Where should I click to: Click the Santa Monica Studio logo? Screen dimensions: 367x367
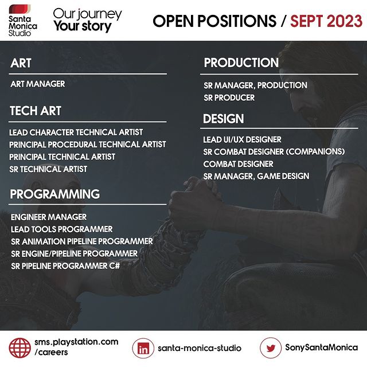click(x=23, y=21)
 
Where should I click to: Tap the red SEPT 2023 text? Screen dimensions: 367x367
click(x=326, y=21)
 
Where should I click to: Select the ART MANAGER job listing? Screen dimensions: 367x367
click(x=38, y=84)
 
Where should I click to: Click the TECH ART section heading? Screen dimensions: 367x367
click(x=36, y=111)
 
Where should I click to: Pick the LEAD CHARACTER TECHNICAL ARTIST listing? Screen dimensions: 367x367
click(x=76, y=132)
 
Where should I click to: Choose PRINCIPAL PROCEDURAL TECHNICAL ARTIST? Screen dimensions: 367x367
click(x=88, y=145)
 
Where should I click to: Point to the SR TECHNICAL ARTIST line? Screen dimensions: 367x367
click(x=48, y=169)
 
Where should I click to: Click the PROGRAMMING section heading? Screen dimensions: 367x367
click(x=55, y=194)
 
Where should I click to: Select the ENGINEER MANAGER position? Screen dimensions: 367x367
click(x=49, y=217)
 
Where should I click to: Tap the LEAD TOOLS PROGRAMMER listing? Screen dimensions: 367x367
click(x=62, y=229)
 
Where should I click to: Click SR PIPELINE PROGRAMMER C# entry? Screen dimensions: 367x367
click(x=65, y=266)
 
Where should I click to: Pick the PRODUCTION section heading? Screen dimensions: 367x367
click(x=241, y=63)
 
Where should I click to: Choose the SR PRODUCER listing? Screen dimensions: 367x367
click(x=229, y=97)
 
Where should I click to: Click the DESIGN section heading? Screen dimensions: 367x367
click(x=224, y=119)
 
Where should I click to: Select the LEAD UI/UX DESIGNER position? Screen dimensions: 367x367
click(x=242, y=139)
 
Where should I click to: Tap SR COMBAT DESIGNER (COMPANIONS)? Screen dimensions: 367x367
click(x=274, y=151)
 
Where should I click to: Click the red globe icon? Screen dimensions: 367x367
click(x=19, y=348)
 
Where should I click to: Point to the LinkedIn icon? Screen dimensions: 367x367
click(x=143, y=348)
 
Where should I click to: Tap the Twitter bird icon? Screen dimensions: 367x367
click(x=271, y=348)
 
